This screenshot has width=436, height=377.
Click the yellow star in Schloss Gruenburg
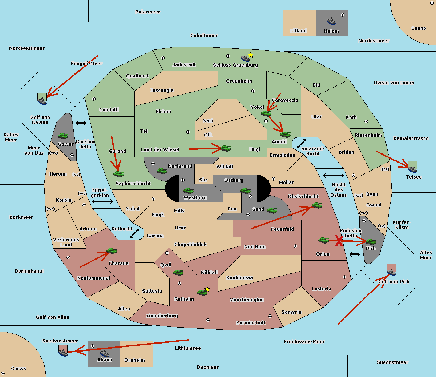250,55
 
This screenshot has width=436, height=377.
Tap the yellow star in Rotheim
207,289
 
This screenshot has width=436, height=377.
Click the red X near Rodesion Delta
339,241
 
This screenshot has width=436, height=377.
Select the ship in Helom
331,21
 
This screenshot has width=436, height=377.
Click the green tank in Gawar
63,136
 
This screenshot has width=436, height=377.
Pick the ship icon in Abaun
105,353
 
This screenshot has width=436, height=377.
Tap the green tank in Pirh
371,242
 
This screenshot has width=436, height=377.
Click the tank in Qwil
178,272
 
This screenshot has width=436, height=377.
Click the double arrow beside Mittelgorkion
102,201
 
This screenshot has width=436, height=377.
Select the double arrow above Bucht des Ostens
333,176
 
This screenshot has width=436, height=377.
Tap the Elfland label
298,31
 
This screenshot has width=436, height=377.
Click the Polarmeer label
148,12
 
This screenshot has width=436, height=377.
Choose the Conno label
419,28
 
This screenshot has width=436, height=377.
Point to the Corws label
19,369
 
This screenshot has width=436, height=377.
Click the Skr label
203,180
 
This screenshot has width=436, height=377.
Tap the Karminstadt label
251,323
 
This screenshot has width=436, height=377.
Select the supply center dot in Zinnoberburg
208,320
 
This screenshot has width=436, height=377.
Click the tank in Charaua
112,251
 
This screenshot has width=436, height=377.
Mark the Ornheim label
134,360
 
